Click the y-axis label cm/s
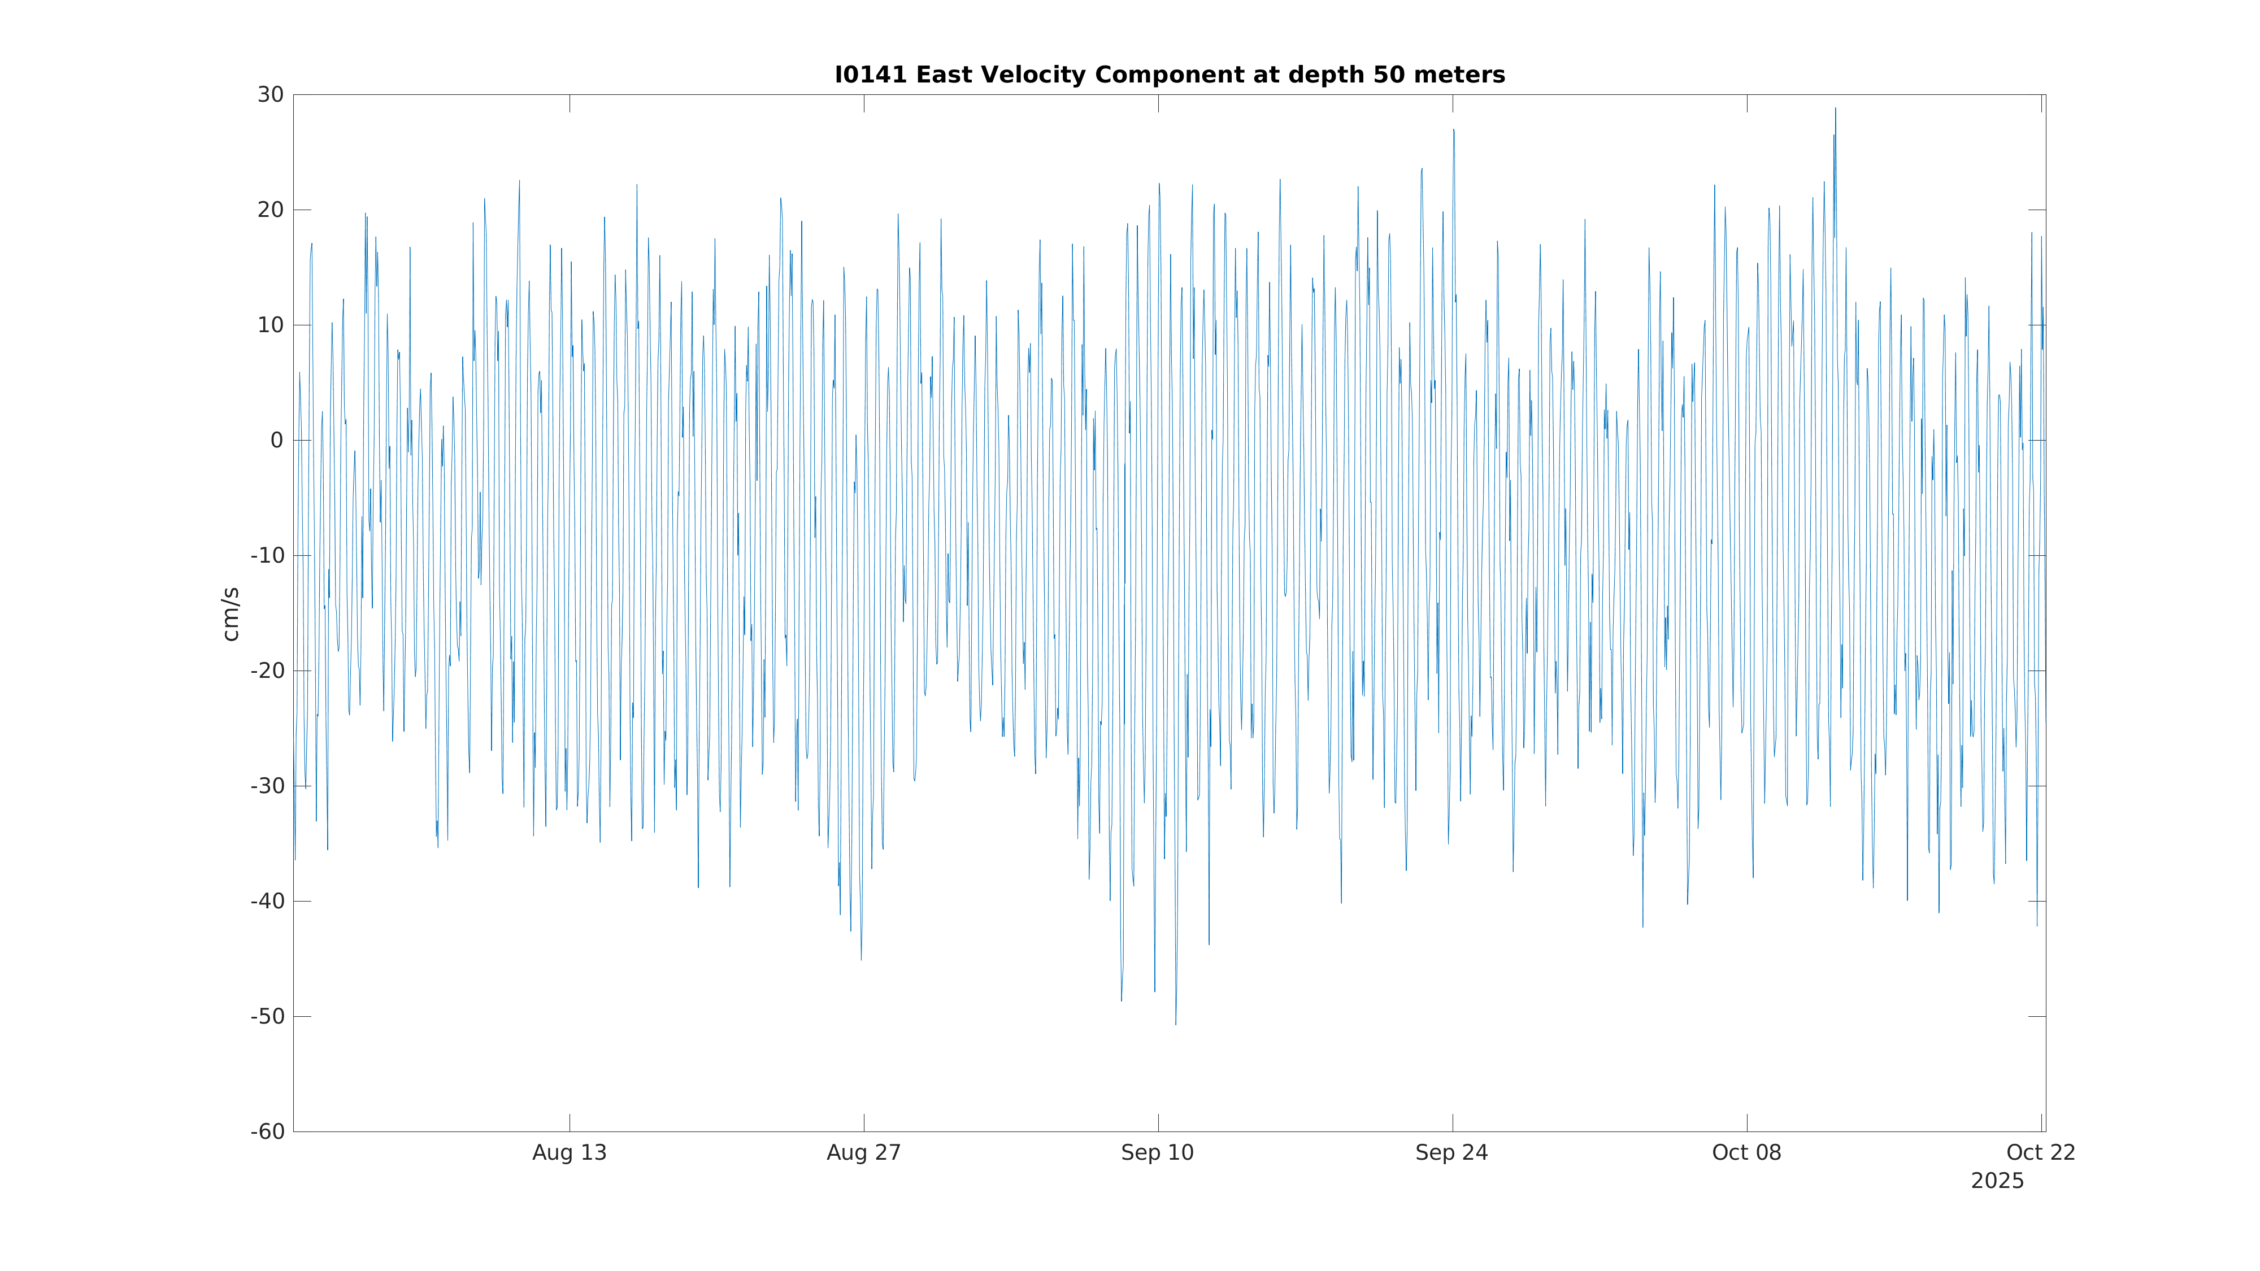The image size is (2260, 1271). tap(231, 614)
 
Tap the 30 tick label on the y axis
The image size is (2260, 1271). tap(270, 95)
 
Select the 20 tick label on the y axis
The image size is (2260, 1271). tap(270, 210)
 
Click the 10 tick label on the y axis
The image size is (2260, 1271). tap(270, 325)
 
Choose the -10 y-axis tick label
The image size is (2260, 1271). tap(268, 555)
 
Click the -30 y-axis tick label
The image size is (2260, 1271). tap(268, 786)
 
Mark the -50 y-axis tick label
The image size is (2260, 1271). tap(268, 1017)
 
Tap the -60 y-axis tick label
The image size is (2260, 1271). tap(268, 1131)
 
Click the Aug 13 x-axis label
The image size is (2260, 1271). tap(570, 1152)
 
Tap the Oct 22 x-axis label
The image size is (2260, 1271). tap(2041, 1152)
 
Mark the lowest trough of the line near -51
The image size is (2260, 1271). tap(1176, 1024)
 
